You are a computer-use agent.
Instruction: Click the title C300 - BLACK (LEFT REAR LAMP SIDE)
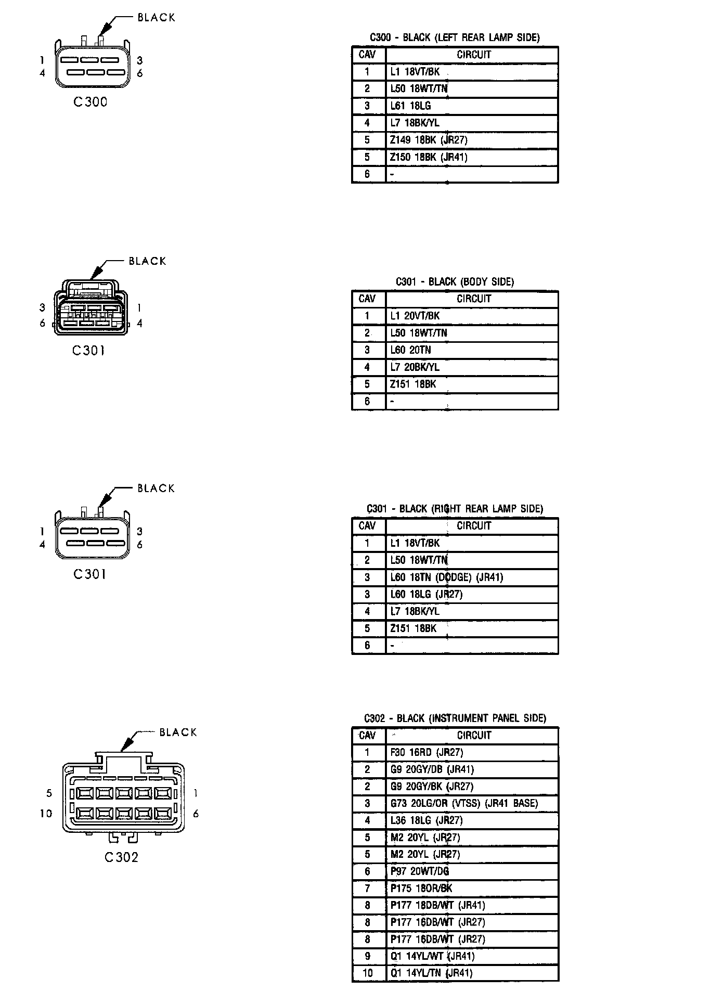coord(455,37)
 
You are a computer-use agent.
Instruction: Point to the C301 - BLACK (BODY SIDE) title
coord(455,282)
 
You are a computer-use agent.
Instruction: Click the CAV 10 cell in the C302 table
coord(368,973)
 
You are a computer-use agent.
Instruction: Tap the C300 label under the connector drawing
coord(90,102)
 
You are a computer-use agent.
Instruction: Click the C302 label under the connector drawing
coord(122,857)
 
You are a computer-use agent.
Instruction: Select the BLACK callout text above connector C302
coord(178,732)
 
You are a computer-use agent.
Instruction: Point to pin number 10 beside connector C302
coord(46,814)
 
